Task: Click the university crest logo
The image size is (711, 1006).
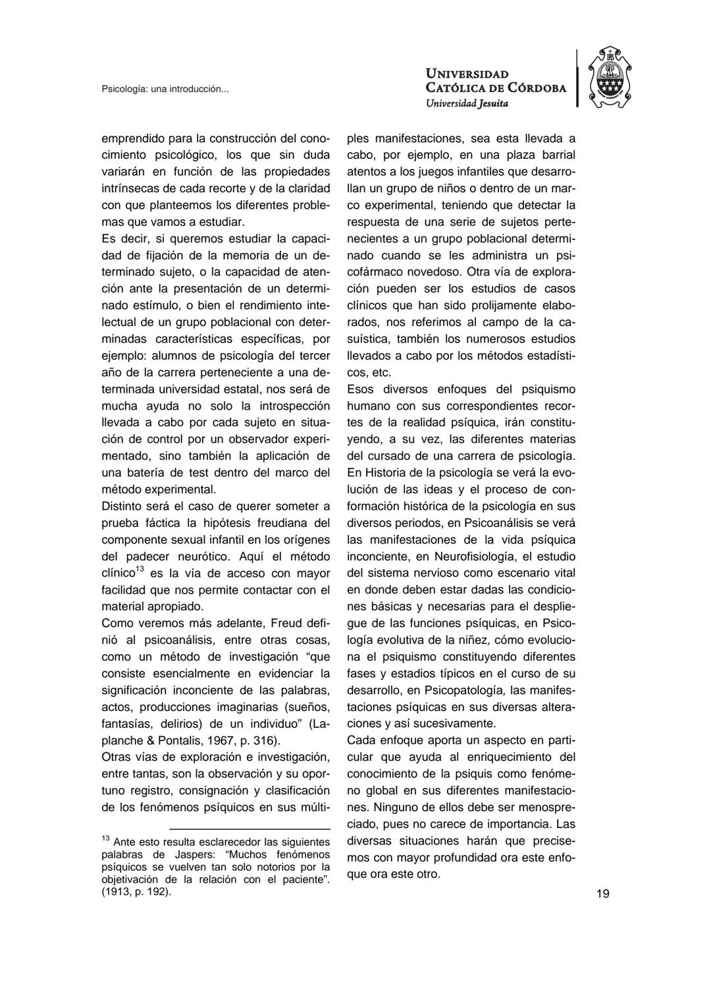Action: (x=609, y=78)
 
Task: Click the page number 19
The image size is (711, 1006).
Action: (x=602, y=893)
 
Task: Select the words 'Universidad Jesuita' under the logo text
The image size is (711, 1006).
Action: (x=467, y=103)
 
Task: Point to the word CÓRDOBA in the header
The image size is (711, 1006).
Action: (x=535, y=88)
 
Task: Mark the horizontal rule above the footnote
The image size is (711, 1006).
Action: (x=250, y=829)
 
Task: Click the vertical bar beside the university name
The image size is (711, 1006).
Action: (x=577, y=78)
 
